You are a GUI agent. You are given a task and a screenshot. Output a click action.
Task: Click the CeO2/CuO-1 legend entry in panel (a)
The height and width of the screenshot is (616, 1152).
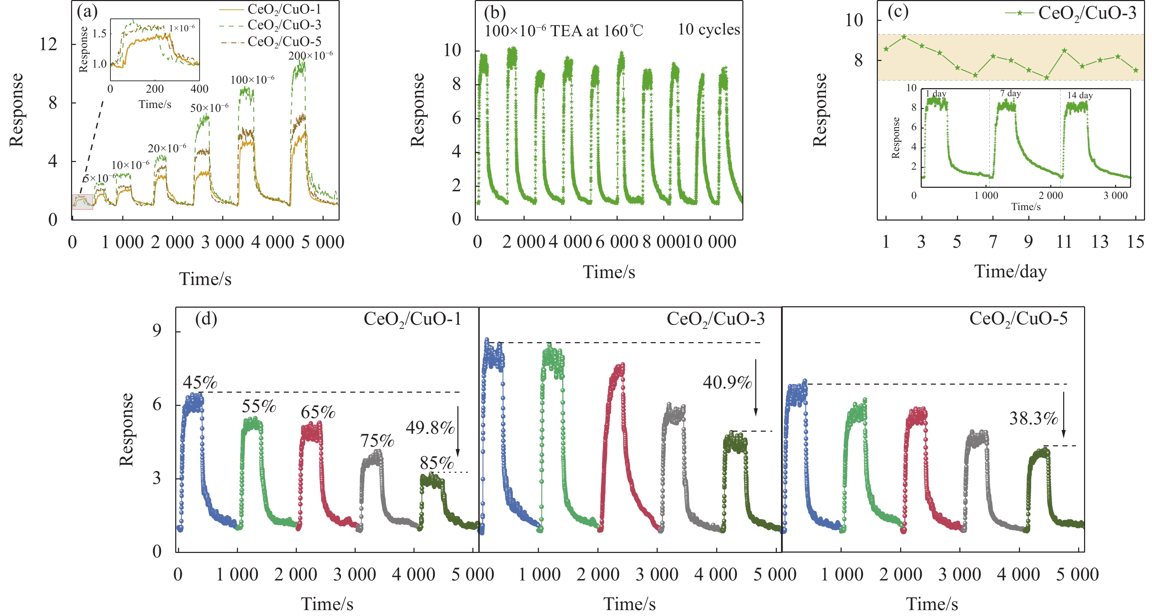coord(284,9)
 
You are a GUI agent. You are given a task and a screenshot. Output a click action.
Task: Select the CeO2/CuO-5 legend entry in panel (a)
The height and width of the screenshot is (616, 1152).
coord(284,41)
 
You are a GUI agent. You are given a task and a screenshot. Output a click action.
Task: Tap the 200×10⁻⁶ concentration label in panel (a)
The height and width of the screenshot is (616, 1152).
coord(310,56)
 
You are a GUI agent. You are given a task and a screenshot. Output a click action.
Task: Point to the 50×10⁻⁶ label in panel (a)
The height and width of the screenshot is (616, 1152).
coord(209,108)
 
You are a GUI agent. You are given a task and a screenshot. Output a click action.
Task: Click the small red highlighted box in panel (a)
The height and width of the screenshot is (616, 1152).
coord(83,202)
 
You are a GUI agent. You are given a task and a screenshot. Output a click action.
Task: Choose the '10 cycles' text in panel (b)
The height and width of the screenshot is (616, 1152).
coord(709,30)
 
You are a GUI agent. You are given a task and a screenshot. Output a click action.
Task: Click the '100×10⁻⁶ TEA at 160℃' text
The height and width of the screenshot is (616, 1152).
coord(564,31)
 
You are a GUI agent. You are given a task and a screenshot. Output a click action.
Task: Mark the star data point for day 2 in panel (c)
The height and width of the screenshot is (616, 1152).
coord(904,37)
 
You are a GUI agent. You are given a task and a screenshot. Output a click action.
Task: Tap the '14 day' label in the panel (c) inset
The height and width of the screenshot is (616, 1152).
coord(1080,95)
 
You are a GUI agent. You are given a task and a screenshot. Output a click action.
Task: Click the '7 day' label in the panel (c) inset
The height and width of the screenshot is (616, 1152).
coord(1010,93)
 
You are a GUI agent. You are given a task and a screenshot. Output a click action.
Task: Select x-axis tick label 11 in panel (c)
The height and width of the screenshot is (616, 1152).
coord(1064,242)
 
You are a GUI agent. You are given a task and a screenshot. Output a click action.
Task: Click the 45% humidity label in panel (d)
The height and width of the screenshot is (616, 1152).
coord(200,383)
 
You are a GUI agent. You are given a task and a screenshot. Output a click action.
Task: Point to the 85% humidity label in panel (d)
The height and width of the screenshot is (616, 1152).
coord(436,463)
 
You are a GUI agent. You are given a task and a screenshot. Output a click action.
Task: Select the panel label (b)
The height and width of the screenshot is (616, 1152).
coord(495,13)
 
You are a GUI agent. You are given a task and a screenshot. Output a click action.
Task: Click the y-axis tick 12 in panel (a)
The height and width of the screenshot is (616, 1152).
coord(48,44)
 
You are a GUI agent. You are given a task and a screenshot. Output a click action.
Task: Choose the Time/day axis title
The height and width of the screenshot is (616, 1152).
coord(1010,271)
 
